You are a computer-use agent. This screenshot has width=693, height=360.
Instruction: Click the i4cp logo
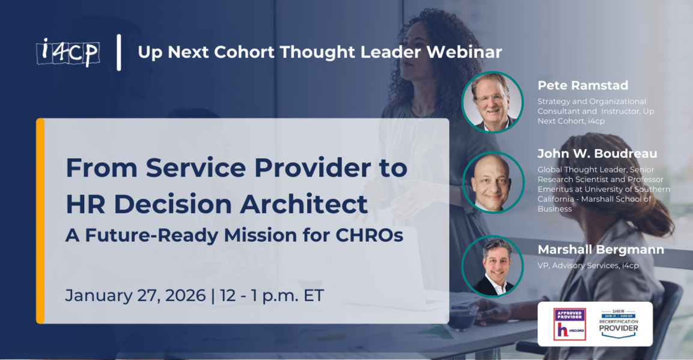tap(67, 52)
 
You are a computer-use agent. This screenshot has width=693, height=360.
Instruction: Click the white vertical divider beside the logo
tap(119, 52)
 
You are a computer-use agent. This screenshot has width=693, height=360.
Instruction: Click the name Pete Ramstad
tap(582, 86)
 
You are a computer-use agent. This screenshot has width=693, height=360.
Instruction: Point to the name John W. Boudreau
tap(597, 154)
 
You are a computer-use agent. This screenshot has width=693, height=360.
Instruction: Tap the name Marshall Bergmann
tap(600, 249)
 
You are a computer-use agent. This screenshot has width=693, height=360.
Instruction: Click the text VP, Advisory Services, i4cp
tap(588, 265)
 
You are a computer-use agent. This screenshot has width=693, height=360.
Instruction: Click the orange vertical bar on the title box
tap(40, 221)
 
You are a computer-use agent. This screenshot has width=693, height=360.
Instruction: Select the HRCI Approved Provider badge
tap(569, 324)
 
